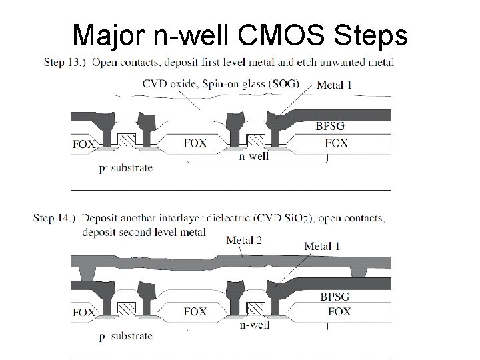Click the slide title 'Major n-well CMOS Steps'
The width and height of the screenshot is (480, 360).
pyautogui.click(x=239, y=35)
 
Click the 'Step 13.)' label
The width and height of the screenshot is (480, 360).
pyautogui.click(x=65, y=63)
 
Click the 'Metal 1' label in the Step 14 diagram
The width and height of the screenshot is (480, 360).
pyautogui.click(x=322, y=246)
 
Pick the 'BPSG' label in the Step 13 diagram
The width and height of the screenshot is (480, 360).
pyautogui.click(x=335, y=125)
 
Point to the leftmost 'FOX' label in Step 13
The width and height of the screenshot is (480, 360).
pyautogui.click(x=83, y=144)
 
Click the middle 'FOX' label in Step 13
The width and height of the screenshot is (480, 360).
pyautogui.click(x=195, y=143)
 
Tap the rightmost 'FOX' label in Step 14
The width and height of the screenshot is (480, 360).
pyautogui.click(x=339, y=312)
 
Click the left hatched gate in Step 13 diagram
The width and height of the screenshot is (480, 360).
pyautogui.click(x=127, y=140)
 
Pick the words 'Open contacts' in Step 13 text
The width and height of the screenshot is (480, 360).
pyautogui.click(x=121, y=63)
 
